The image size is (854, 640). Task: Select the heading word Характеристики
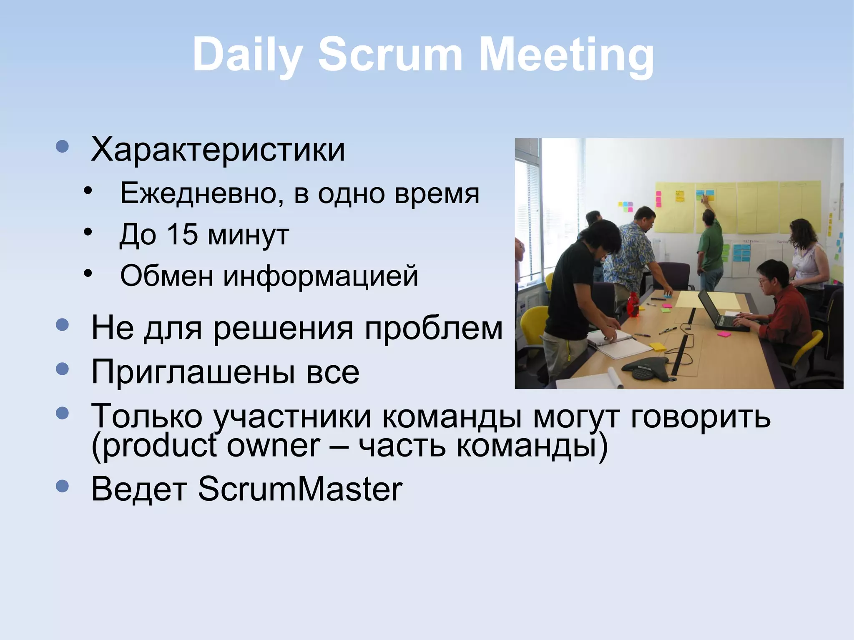click(x=218, y=149)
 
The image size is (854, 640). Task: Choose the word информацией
click(x=320, y=276)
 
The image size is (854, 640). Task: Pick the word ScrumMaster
click(x=300, y=489)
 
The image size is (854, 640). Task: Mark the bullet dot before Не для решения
click(x=62, y=325)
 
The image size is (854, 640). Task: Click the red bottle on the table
click(x=633, y=304)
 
